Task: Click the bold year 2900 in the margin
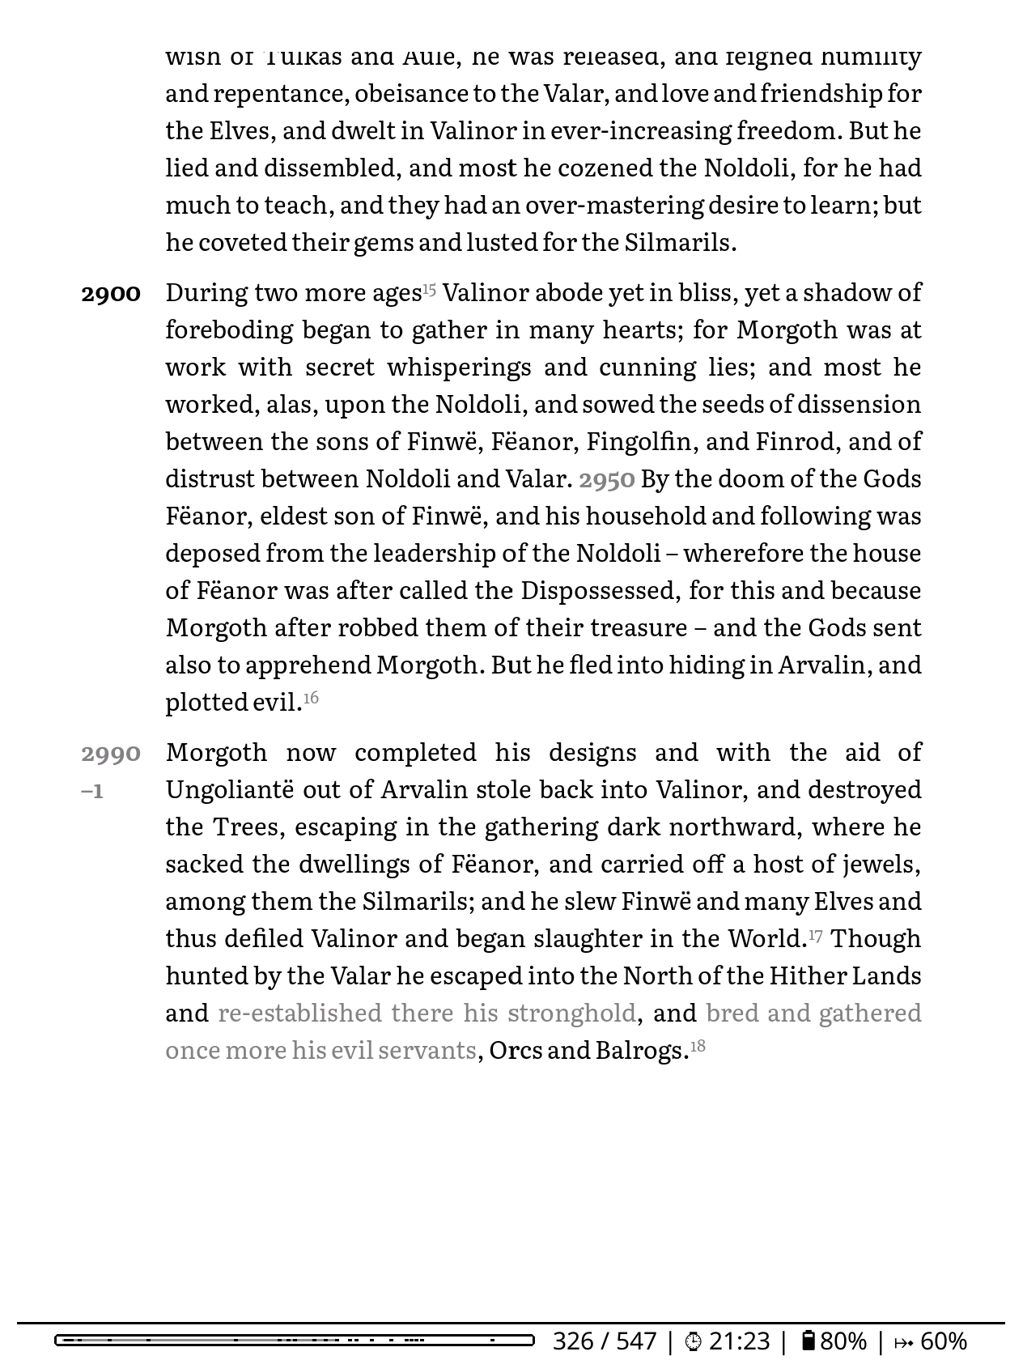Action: [x=111, y=294]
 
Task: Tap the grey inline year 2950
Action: [x=606, y=480]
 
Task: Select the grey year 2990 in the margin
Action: [x=111, y=754]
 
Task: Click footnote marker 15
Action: [x=429, y=289]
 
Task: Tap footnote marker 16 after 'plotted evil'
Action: [x=311, y=698]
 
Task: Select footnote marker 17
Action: [x=815, y=936]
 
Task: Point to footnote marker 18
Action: [x=697, y=1046]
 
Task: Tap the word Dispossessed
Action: [x=598, y=590]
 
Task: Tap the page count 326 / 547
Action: [x=604, y=1341]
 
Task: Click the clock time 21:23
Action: [x=739, y=1341]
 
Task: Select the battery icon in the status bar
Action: [x=808, y=1340]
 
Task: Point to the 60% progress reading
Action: [x=943, y=1341]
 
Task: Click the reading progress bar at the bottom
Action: [x=295, y=1340]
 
